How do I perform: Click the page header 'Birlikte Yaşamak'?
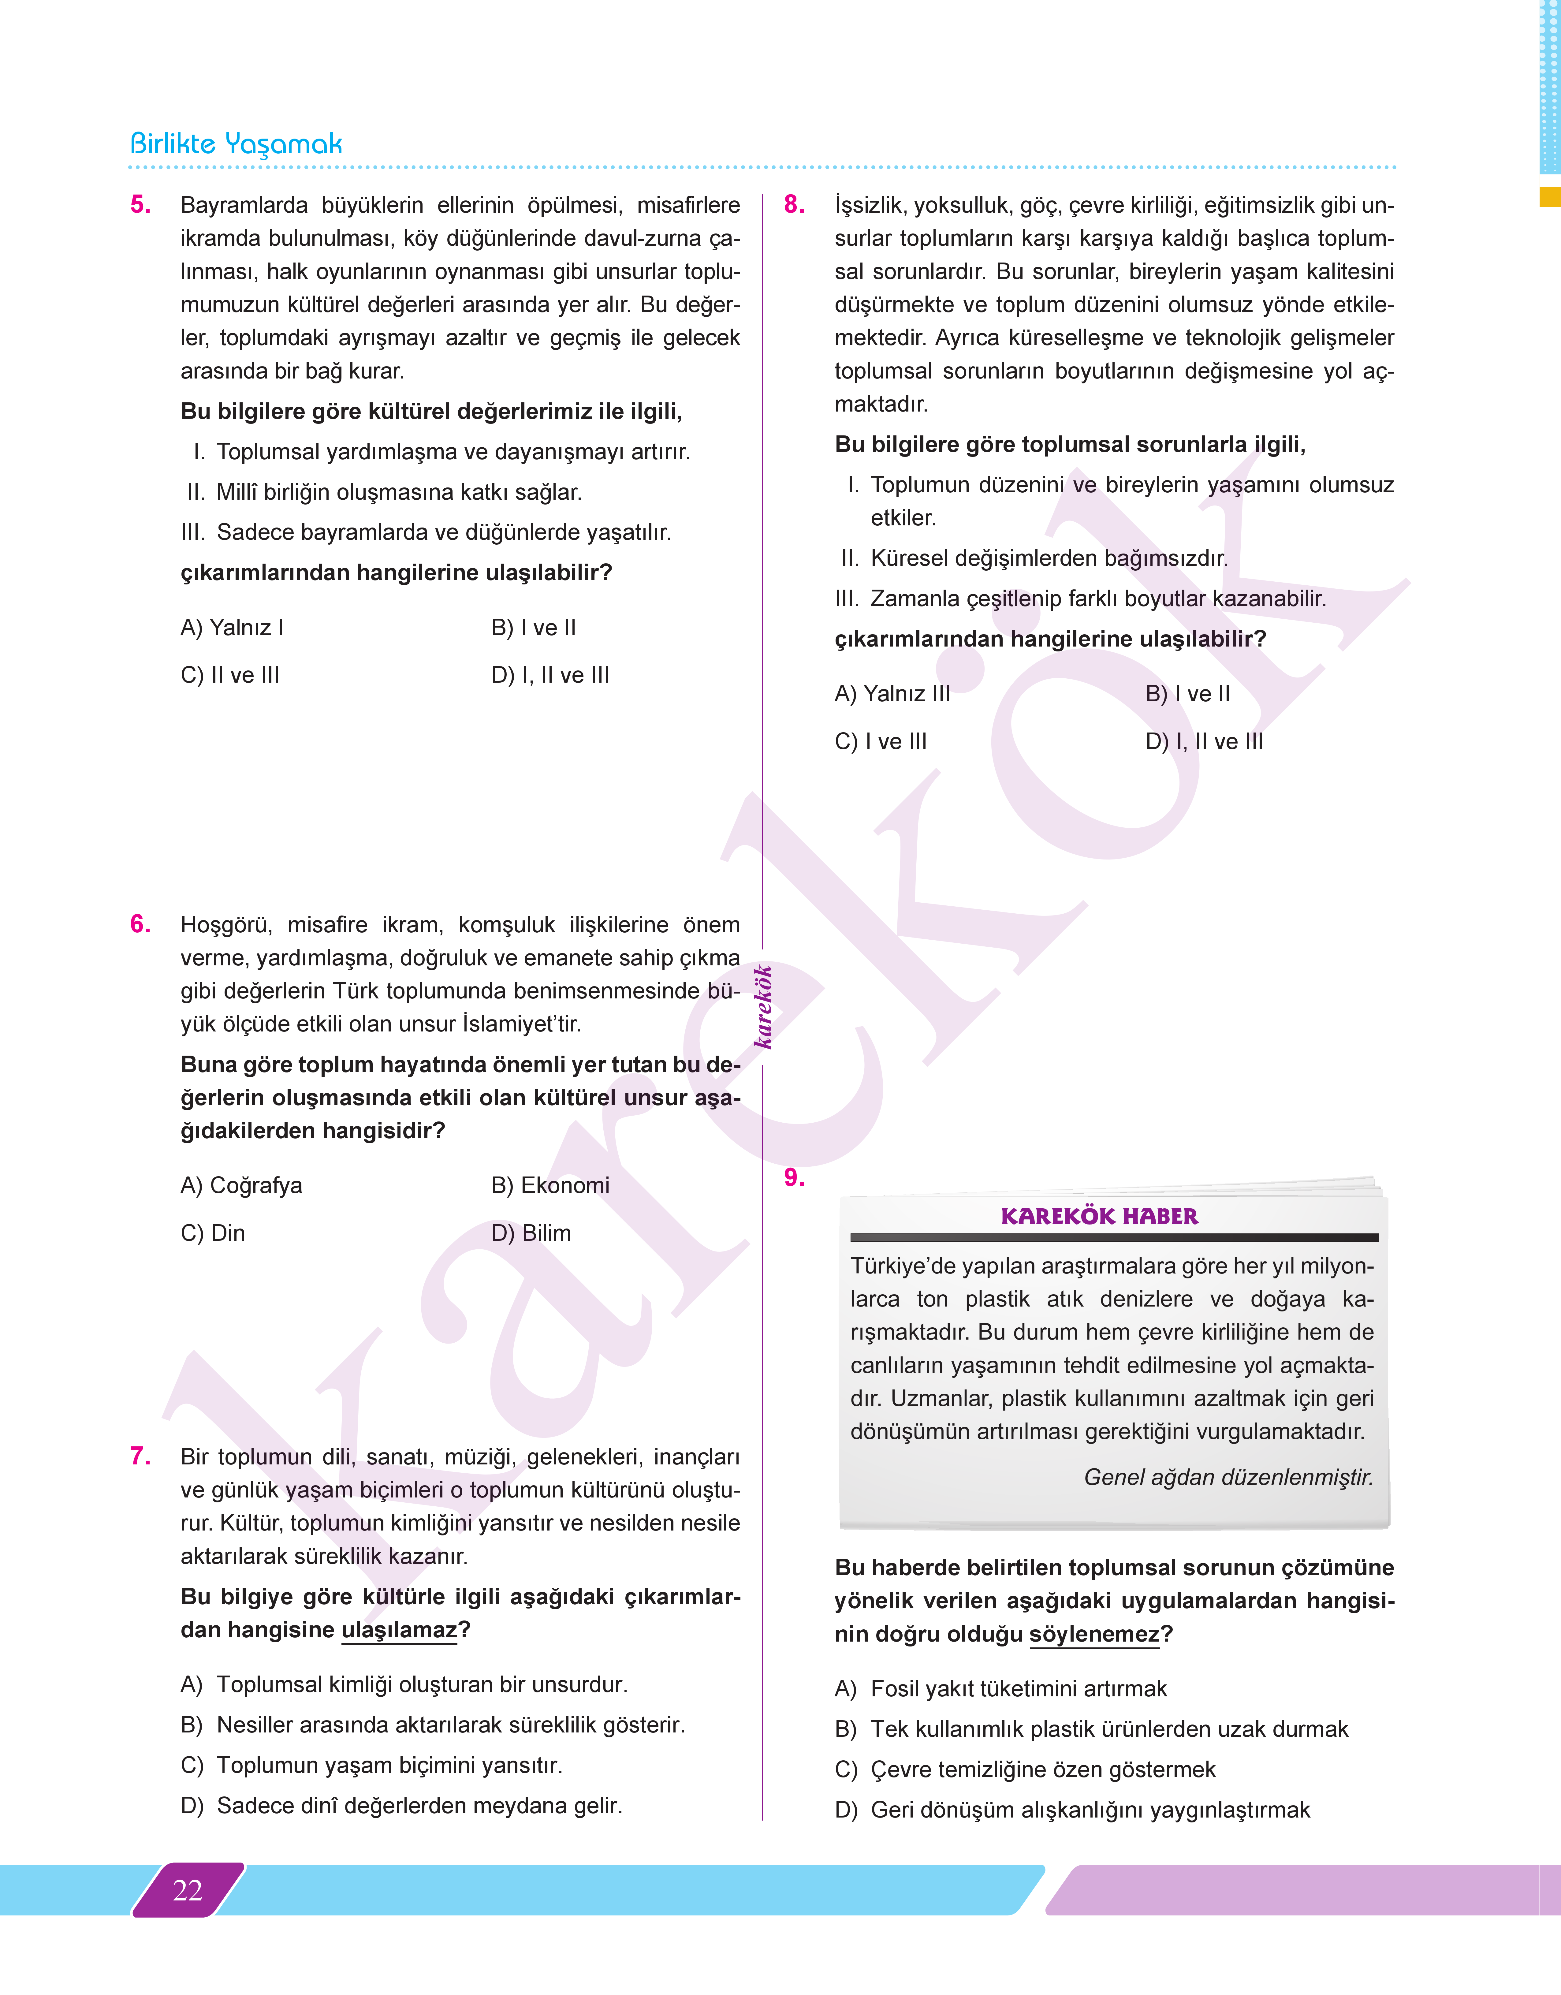point(236,144)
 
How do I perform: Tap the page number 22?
point(187,1890)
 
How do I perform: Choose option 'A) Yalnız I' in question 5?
point(232,628)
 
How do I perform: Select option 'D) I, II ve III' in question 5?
point(550,675)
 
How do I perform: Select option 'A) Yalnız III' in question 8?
point(892,694)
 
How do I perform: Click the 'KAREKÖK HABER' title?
point(1099,1216)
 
